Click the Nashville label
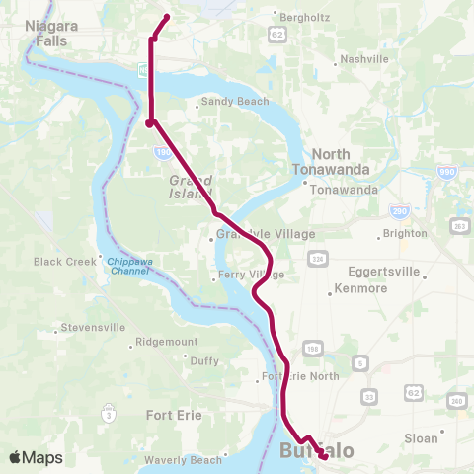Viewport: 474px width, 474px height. coord(364,59)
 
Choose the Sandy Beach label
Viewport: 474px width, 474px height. coord(234,102)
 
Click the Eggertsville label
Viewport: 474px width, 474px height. coord(384,271)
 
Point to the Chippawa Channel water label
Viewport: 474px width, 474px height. coord(129,266)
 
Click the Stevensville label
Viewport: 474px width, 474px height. coord(92,327)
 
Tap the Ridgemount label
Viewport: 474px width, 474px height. coord(167,342)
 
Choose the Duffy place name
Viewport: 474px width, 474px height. coord(204,361)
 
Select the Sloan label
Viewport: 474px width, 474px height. coord(422,435)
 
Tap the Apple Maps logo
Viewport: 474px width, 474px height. coord(36,457)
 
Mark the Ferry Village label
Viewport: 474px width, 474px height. coord(252,275)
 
